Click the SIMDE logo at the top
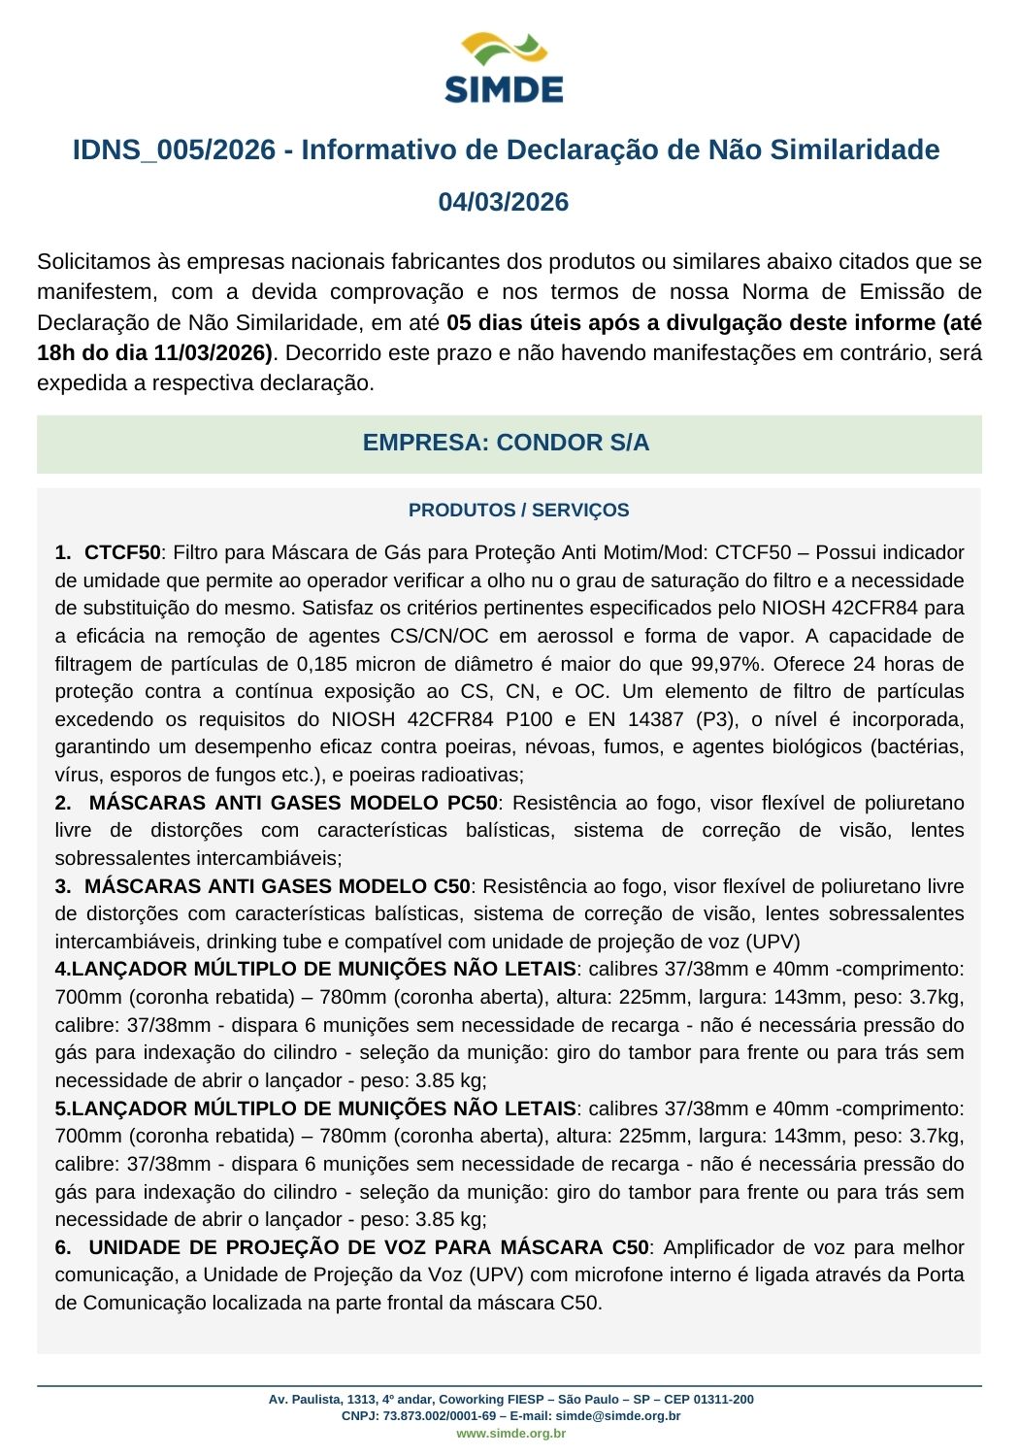pyautogui.click(x=504, y=68)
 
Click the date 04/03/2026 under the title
pyautogui.click(x=504, y=202)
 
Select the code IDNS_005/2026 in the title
pyautogui.click(x=174, y=150)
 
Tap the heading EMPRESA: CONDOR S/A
pyautogui.click(x=506, y=443)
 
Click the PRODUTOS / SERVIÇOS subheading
pyautogui.click(x=518, y=510)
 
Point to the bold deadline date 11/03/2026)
pyautogui.click(x=213, y=352)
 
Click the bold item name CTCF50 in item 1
pyautogui.click(x=122, y=552)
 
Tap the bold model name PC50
pyautogui.click(x=474, y=803)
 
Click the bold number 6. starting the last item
pyautogui.click(x=64, y=1247)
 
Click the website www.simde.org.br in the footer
pyautogui.click(x=510, y=1433)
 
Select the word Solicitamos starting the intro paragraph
pyautogui.click(x=94, y=262)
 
